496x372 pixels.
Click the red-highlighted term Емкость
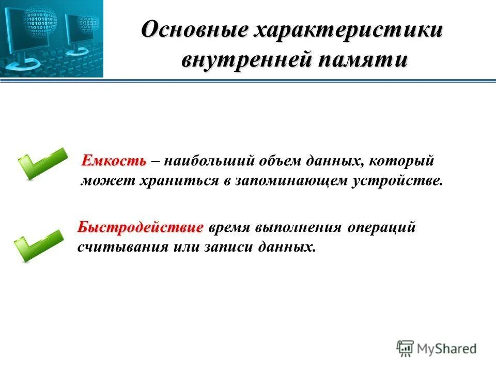click(x=114, y=161)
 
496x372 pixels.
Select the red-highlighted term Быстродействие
click(x=141, y=227)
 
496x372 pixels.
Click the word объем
click(x=283, y=161)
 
